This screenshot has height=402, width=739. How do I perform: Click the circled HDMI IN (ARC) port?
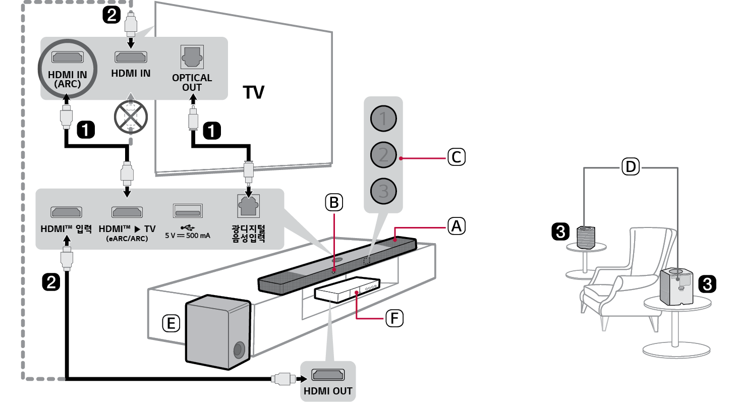point(67,57)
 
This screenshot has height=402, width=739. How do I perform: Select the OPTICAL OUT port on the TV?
point(192,58)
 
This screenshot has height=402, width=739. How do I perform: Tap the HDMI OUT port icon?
point(328,375)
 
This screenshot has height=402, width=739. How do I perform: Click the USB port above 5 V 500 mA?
point(187,211)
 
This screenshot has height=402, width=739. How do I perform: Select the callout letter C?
point(456,157)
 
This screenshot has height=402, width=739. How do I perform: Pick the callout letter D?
point(631,166)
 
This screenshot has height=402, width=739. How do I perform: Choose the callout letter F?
point(394,318)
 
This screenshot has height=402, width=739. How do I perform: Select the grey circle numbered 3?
point(383,191)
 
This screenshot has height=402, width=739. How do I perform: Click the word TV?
point(254,92)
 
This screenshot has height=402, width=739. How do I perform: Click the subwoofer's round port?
point(239,350)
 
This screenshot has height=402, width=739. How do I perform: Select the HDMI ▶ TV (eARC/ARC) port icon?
point(127,212)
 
